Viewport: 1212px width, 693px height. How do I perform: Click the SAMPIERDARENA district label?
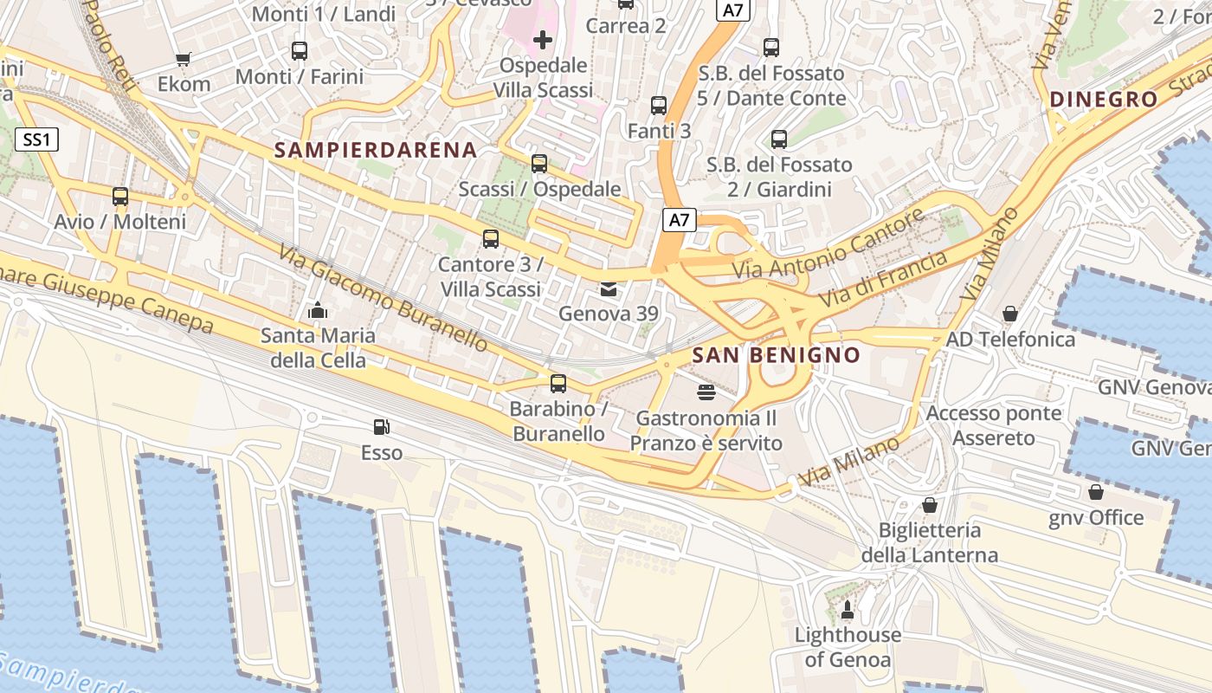pos(376,150)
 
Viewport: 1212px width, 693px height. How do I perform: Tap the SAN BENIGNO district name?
pos(777,355)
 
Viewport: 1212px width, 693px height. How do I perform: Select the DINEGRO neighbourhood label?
pos(1104,100)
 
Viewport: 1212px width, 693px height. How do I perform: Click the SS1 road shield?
pos(36,139)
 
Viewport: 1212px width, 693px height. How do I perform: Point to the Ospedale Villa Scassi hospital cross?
pos(543,40)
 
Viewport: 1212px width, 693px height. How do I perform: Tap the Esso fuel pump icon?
pos(381,427)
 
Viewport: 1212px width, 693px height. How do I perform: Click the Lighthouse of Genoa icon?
pos(848,611)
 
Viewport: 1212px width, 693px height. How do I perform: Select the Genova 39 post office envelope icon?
pos(609,288)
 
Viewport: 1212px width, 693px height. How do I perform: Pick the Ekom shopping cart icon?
pos(183,59)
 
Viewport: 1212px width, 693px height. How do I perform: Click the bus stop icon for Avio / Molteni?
pos(120,197)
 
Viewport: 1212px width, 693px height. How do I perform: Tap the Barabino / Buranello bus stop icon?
pos(558,383)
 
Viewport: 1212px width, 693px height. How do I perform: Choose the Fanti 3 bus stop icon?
pos(659,106)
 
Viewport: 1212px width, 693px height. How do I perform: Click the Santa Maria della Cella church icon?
pos(318,310)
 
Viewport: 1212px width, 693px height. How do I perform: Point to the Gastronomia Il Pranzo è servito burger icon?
pos(706,392)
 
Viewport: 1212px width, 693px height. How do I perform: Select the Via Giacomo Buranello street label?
pos(383,297)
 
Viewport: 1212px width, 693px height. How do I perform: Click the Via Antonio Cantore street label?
pos(829,245)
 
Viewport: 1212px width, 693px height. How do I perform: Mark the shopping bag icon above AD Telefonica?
pos(1009,314)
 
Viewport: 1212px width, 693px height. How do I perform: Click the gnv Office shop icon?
pos(1096,493)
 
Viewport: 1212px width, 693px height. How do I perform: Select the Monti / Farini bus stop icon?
pos(300,51)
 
